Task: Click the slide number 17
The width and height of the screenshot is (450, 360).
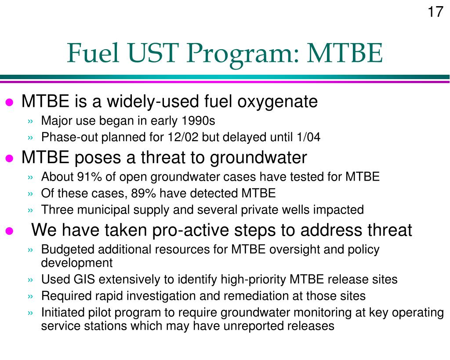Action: (435, 11)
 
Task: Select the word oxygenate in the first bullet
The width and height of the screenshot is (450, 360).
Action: (277, 102)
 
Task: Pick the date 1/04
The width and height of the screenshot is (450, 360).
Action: (308, 138)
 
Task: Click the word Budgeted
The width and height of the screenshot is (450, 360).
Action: (68, 250)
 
